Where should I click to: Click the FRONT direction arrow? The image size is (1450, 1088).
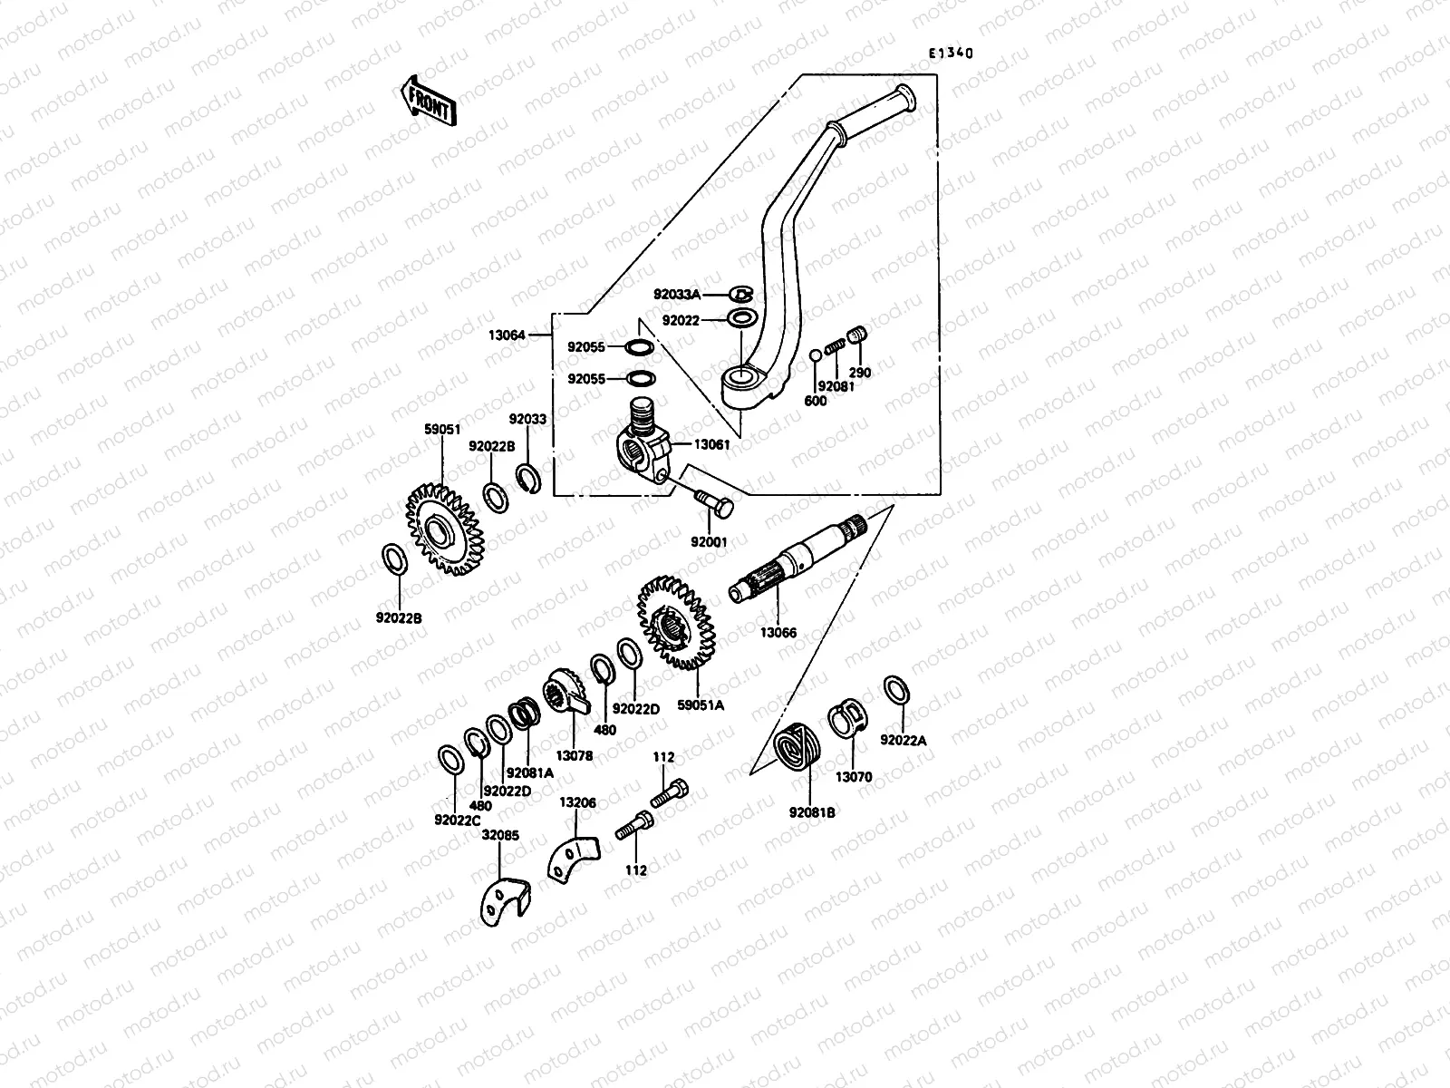tap(426, 99)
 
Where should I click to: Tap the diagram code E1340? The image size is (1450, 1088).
tap(949, 53)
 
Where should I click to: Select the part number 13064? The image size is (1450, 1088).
tap(507, 335)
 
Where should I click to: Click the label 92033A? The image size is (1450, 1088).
tap(677, 294)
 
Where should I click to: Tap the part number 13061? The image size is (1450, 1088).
tap(712, 444)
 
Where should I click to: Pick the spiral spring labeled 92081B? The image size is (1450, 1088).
tap(795, 750)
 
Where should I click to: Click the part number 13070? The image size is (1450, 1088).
tap(854, 777)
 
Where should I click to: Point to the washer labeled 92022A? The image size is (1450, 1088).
tap(894, 689)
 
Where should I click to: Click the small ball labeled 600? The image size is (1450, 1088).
tap(816, 355)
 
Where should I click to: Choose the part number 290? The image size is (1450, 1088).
tap(859, 373)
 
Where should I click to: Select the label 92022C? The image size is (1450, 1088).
tap(457, 820)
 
